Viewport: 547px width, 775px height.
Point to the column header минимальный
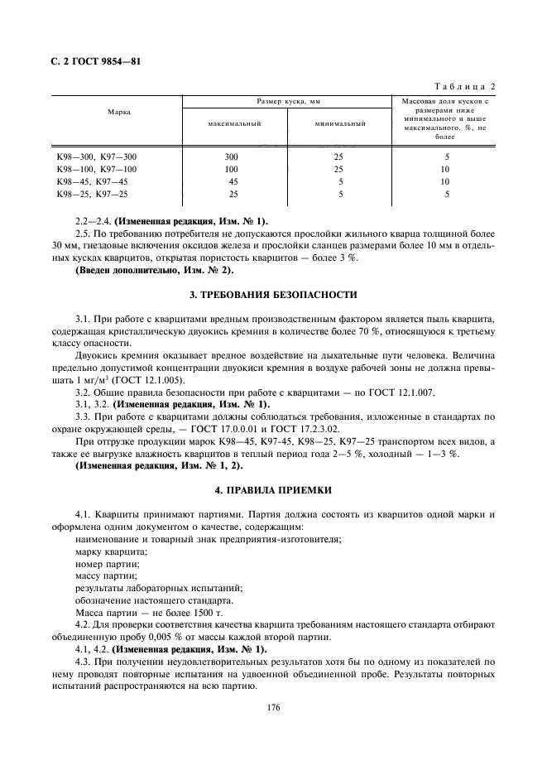340,123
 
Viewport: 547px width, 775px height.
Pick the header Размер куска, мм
288,101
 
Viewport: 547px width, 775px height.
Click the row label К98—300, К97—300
96,156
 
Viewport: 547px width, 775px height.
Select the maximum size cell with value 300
232,156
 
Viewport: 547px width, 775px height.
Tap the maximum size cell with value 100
232,169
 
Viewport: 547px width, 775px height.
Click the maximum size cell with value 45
233,181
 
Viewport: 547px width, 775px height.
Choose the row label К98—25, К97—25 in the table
92,194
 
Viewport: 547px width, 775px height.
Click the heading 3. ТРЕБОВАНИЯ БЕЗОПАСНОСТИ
273,294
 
